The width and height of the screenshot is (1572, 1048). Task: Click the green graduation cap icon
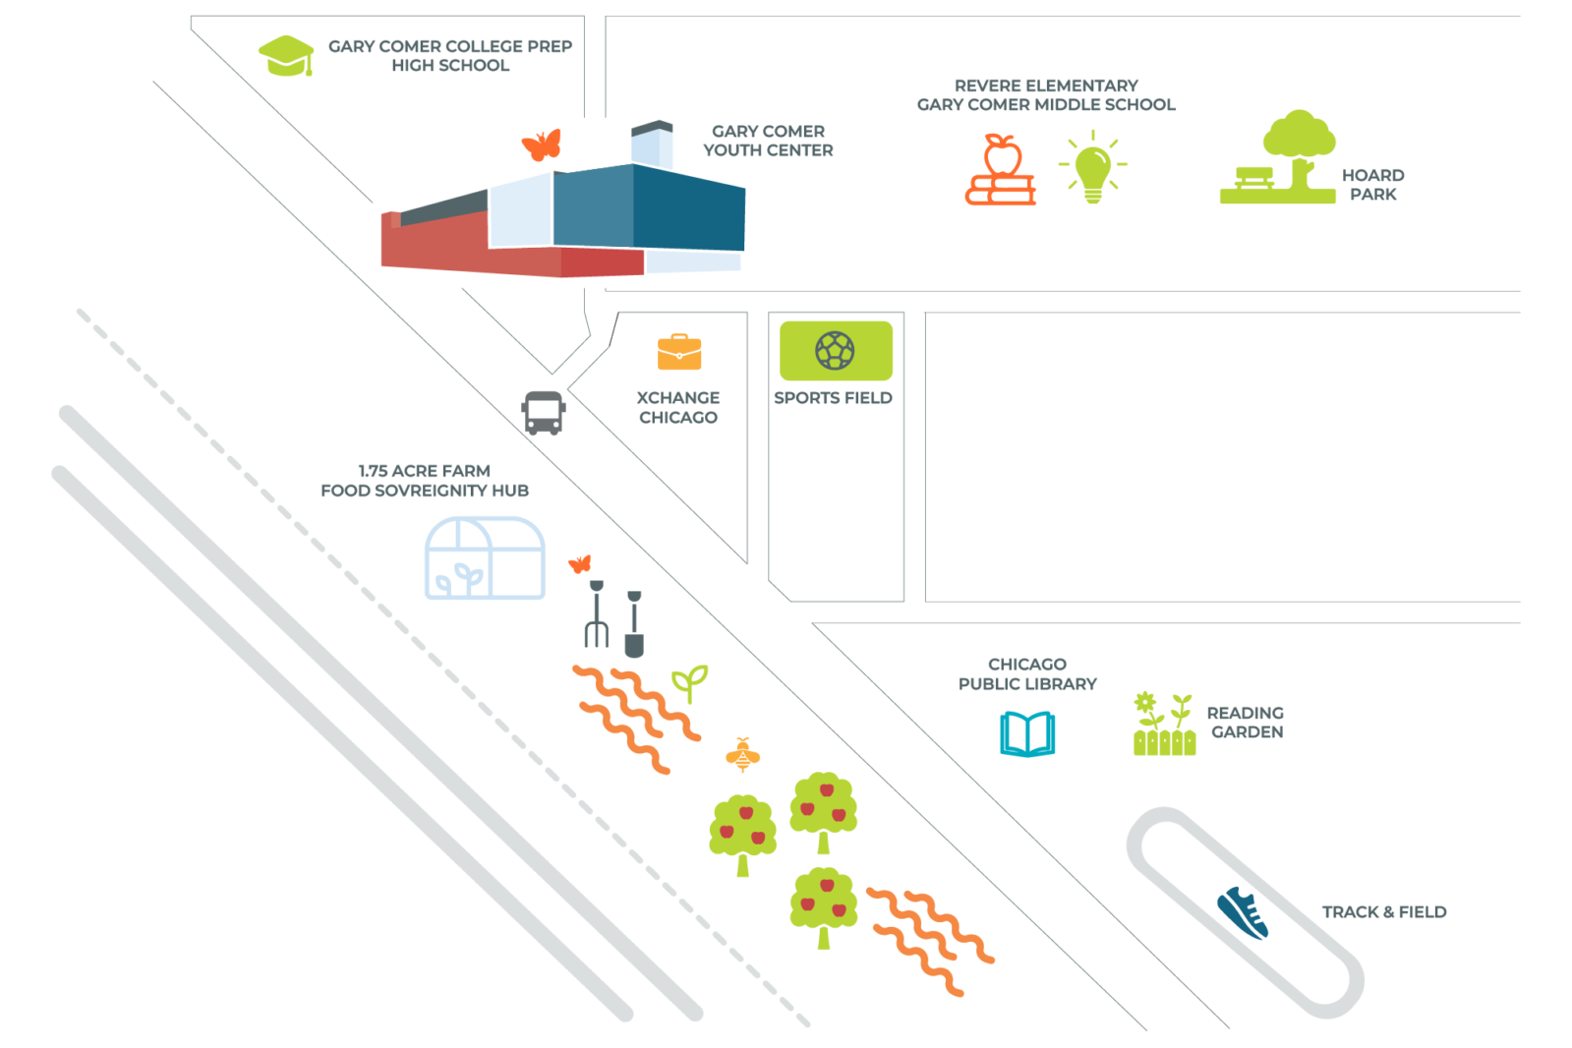click(x=286, y=55)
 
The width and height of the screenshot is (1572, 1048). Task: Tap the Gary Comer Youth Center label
click(x=768, y=141)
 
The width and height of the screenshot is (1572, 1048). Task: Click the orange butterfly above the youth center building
click(x=542, y=146)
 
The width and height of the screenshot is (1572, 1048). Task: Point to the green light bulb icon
click(x=1092, y=168)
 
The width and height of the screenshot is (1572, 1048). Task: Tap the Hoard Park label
click(x=1372, y=185)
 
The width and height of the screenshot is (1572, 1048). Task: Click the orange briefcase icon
click(x=679, y=352)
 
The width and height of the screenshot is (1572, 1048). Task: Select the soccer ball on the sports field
click(x=835, y=350)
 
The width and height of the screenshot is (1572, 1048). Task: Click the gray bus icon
click(x=544, y=413)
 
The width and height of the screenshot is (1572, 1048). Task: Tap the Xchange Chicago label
click(x=678, y=407)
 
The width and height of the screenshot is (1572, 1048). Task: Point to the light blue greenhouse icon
click(x=485, y=558)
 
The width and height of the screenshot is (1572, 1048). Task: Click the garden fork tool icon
click(x=597, y=614)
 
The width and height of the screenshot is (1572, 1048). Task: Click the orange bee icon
click(x=742, y=755)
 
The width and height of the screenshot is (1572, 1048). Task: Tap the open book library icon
click(x=1027, y=734)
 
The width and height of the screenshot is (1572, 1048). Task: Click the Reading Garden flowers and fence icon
click(x=1164, y=725)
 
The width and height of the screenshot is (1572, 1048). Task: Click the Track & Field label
click(x=1383, y=912)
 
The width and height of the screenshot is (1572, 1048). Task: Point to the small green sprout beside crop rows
click(x=689, y=682)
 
